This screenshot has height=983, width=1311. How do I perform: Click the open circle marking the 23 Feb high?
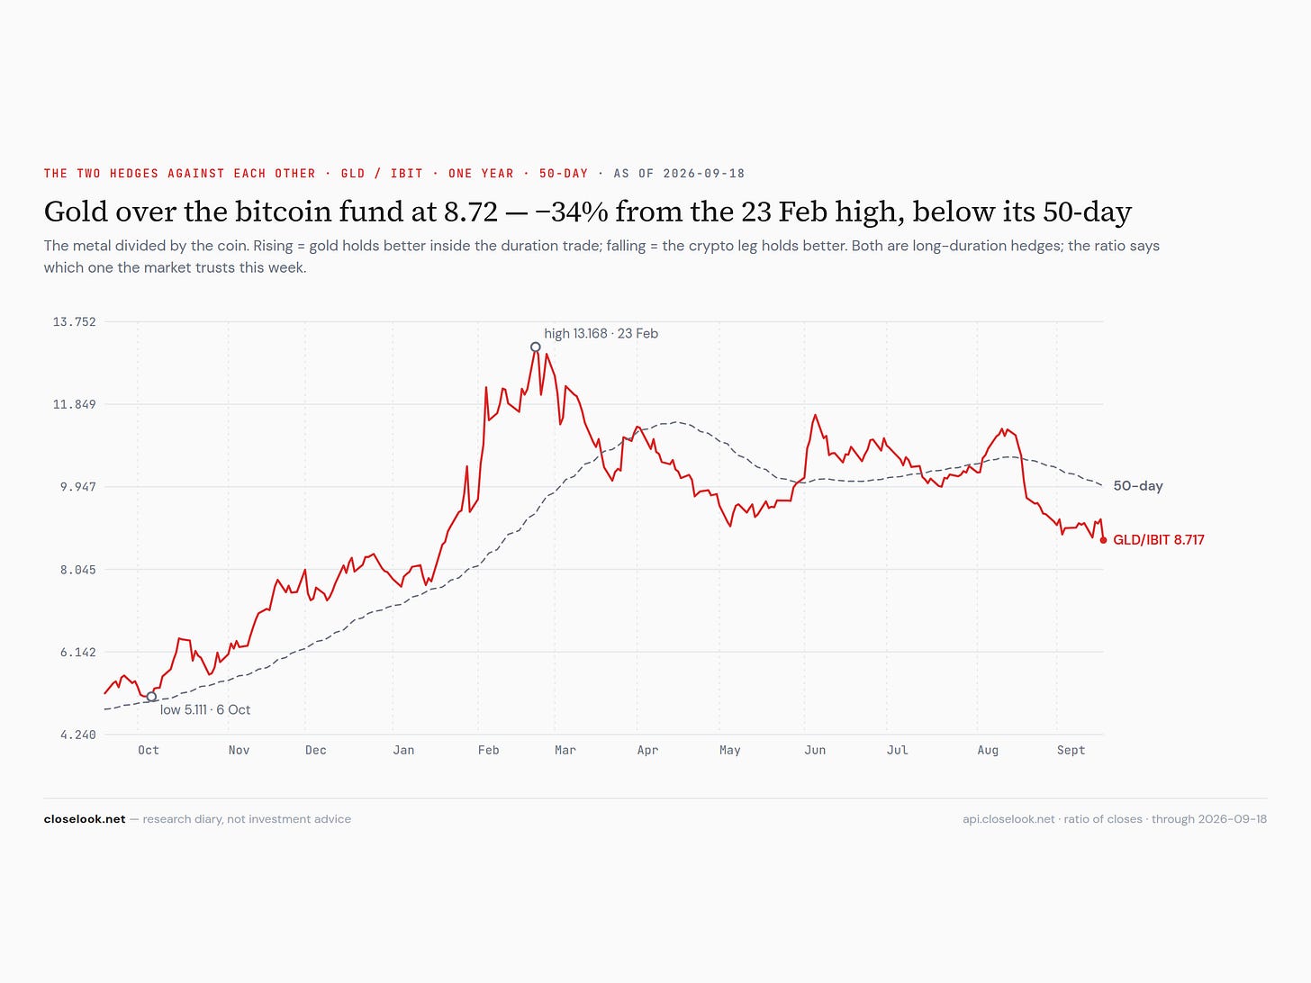(535, 347)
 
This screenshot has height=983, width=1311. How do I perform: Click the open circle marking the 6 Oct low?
(151, 697)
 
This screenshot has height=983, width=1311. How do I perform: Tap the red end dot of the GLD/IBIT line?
(1103, 540)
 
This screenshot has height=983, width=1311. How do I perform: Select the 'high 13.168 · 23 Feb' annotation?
(601, 334)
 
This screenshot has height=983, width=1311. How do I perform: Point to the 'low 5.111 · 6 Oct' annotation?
(205, 709)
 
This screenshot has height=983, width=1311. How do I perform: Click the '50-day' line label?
(1138, 486)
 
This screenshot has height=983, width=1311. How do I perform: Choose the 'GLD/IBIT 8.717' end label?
(1159, 540)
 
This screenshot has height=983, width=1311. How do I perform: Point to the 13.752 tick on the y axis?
(74, 322)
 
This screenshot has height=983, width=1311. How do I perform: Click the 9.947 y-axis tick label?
(77, 487)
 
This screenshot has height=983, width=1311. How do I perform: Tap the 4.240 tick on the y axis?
(77, 735)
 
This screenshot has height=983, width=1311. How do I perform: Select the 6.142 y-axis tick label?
(77, 653)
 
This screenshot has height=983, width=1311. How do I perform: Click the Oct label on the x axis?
(149, 750)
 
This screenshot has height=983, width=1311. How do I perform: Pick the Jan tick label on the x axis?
(403, 750)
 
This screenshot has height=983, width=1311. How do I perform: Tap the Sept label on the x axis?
(1071, 750)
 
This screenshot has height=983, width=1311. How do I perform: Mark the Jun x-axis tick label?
(815, 750)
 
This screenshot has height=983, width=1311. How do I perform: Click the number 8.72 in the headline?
(471, 212)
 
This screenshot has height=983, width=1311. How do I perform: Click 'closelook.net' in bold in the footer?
(85, 819)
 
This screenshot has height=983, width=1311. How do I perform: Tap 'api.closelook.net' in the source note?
(1008, 819)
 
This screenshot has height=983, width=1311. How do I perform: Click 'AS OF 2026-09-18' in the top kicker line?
(679, 174)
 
